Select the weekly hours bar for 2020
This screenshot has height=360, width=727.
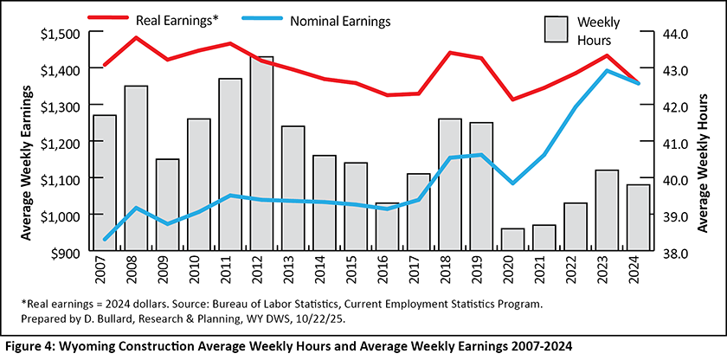click(x=513, y=240)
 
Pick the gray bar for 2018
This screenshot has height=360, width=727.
click(x=450, y=184)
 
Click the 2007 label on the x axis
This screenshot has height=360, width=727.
click(x=105, y=272)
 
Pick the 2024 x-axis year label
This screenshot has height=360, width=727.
click(x=640, y=272)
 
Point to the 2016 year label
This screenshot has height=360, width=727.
click(x=388, y=272)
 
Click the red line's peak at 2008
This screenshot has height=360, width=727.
click(x=136, y=38)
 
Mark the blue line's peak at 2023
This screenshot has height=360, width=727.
click(x=608, y=71)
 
